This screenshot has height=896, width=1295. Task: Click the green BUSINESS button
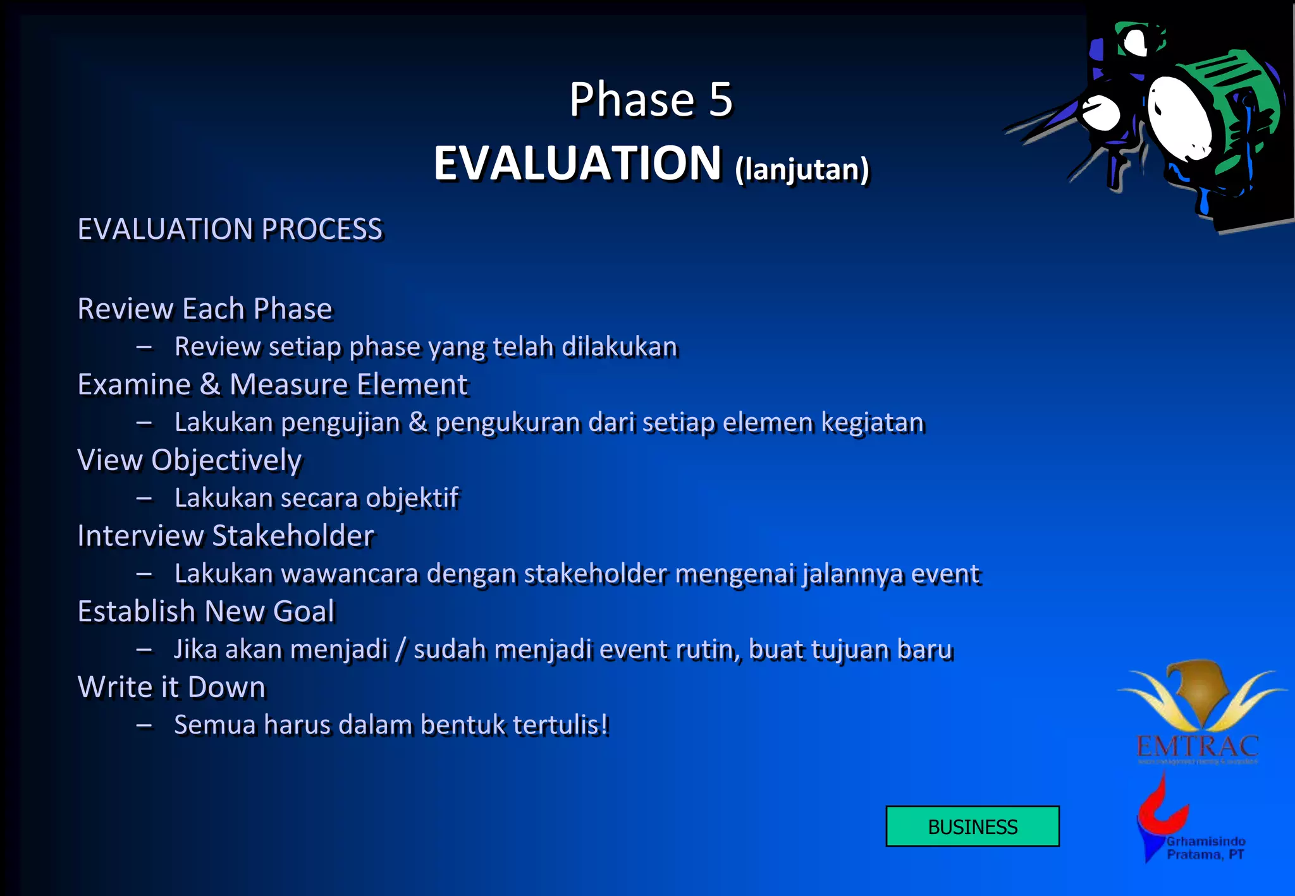(972, 826)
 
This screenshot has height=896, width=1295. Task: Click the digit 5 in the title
(720, 100)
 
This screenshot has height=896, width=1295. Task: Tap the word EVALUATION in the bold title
(577, 163)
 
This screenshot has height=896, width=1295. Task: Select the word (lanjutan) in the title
(802, 169)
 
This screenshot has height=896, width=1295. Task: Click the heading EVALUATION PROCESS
(230, 229)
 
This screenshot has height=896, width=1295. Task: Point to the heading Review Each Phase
(204, 309)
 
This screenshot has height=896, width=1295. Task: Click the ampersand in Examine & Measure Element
(210, 384)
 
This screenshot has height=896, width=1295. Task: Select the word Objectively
(226, 460)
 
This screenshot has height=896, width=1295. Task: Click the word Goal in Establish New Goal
(304, 612)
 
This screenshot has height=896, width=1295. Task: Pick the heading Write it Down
(171, 687)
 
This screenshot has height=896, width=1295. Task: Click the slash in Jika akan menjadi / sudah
(400, 650)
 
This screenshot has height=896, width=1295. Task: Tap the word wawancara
(350, 574)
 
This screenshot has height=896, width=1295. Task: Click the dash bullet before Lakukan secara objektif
(144, 499)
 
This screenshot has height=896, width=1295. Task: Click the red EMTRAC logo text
(1197, 747)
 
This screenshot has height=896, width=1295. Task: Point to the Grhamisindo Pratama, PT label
(1205, 848)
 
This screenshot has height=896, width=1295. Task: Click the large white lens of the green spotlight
(1179, 118)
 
